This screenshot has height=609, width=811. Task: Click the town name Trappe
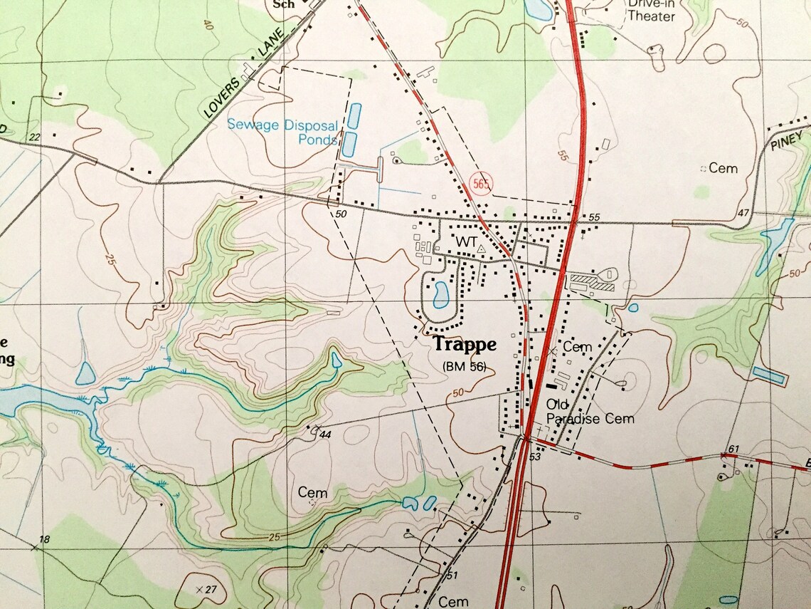click(465, 344)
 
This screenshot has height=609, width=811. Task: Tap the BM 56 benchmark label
click(464, 366)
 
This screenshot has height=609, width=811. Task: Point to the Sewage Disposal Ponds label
click(282, 132)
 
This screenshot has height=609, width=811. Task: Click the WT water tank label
click(466, 242)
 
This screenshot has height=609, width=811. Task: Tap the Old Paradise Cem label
click(589, 412)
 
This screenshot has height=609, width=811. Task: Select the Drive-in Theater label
click(650, 10)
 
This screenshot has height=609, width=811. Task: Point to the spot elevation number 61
click(735, 448)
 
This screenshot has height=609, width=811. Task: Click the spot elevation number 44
click(326, 434)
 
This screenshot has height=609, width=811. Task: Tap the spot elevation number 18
click(44, 539)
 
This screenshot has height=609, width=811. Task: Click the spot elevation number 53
click(536, 456)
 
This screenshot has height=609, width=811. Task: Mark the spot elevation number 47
click(744, 213)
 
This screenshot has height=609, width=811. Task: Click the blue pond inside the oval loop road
click(440, 293)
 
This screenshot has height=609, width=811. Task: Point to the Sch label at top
click(284, 4)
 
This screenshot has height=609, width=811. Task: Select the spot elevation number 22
click(33, 136)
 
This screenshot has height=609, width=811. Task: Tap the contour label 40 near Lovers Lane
click(208, 26)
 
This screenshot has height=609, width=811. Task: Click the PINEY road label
click(786, 141)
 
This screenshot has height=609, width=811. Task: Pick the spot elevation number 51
click(452, 576)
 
